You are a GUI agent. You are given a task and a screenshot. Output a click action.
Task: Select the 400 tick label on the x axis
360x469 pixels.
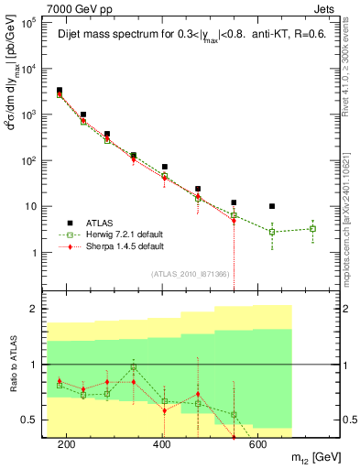point(161,444)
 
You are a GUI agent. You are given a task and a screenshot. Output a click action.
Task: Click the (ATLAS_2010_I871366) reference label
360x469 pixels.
point(191,275)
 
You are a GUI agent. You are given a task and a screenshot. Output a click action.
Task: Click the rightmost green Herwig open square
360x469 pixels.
point(312,229)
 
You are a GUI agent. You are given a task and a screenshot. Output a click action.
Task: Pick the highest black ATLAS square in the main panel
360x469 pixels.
point(60,91)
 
